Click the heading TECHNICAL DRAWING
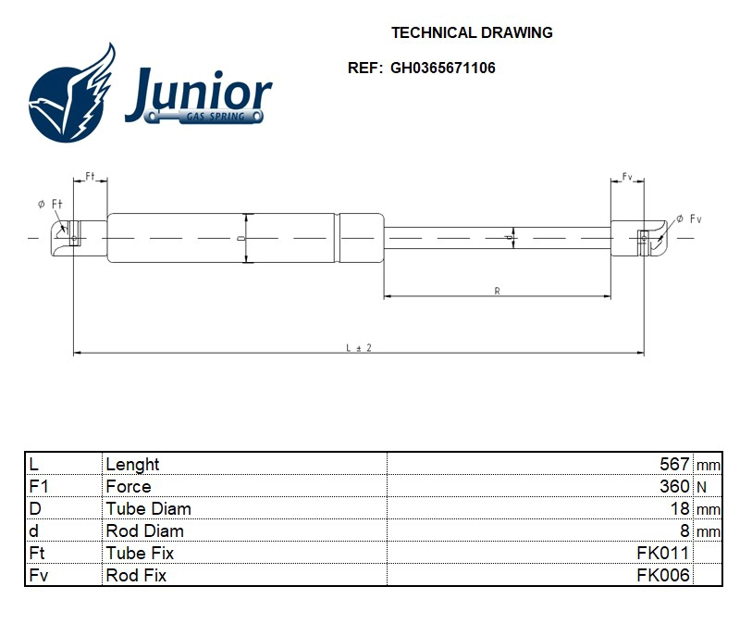click(472, 32)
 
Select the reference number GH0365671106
click(443, 68)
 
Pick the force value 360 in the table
click(674, 486)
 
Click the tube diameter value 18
click(680, 508)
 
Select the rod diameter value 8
click(684, 530)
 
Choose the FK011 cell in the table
click(663, 553)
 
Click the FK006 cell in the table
click(663, 575)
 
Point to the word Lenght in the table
click(132, 464)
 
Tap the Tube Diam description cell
click(148, 508)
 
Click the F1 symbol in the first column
click(38, 486)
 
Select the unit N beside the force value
click(700, 487)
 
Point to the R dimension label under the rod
click(497, 291)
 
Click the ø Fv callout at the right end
click(688, 218)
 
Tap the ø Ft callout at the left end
click(49, 204)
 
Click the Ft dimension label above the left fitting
click(91, 176)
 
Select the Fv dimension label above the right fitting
click(626, 176)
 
